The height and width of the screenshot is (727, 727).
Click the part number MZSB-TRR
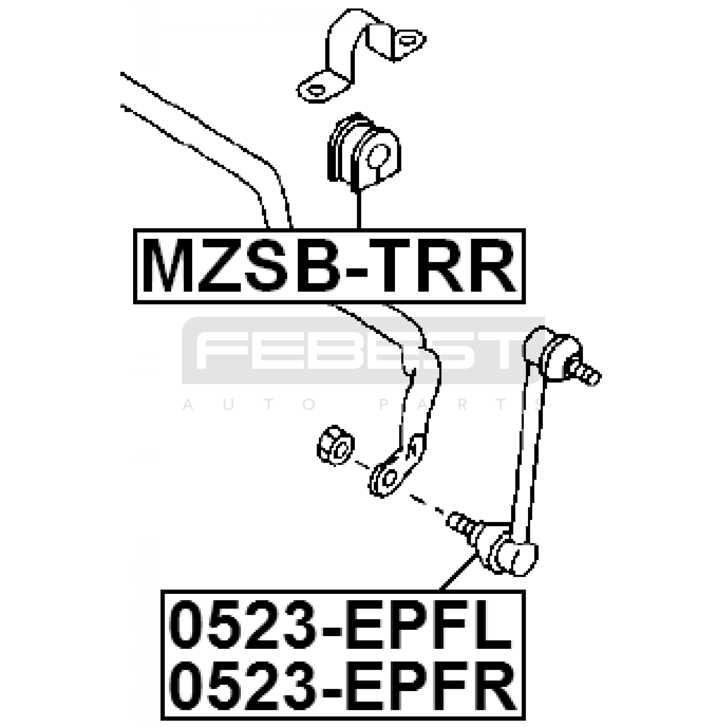(329, 266)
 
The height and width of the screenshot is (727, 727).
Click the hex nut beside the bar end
(335, 445)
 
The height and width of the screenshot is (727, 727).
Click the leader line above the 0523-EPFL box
(459, 572)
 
